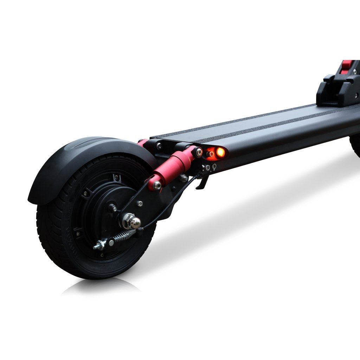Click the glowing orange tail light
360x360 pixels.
(220, 152)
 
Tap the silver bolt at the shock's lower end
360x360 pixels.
(157, 185)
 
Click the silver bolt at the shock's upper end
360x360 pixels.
(199, 152)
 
